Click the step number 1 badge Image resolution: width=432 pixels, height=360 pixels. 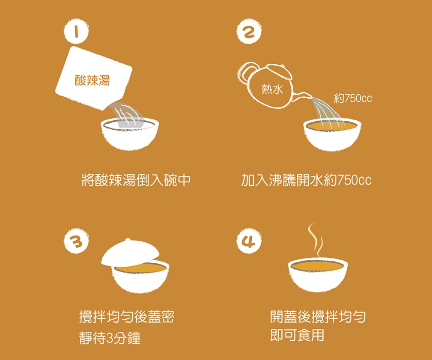[76, 31]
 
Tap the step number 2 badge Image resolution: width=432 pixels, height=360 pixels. [249, 31]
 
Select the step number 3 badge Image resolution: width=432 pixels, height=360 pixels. [76, 241]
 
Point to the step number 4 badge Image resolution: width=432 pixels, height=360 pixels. [249, 241]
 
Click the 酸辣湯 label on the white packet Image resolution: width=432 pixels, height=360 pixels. [92, 80]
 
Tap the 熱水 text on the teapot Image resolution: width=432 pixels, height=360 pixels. [272, 89]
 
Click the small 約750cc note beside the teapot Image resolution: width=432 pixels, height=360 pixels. [353, 98]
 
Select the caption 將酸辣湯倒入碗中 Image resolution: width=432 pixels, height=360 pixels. [136, 180]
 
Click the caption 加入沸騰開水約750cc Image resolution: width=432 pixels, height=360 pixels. [307, 180]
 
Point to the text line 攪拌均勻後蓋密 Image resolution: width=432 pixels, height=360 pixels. [127, 316]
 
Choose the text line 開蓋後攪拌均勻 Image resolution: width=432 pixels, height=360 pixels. [318, 316]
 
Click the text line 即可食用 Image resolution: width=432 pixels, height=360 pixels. [297, 335]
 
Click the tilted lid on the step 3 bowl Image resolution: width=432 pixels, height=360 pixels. [130, 252]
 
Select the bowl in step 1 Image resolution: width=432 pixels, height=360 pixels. [130, 134]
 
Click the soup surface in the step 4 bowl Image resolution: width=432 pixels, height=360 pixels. [318, 265]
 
